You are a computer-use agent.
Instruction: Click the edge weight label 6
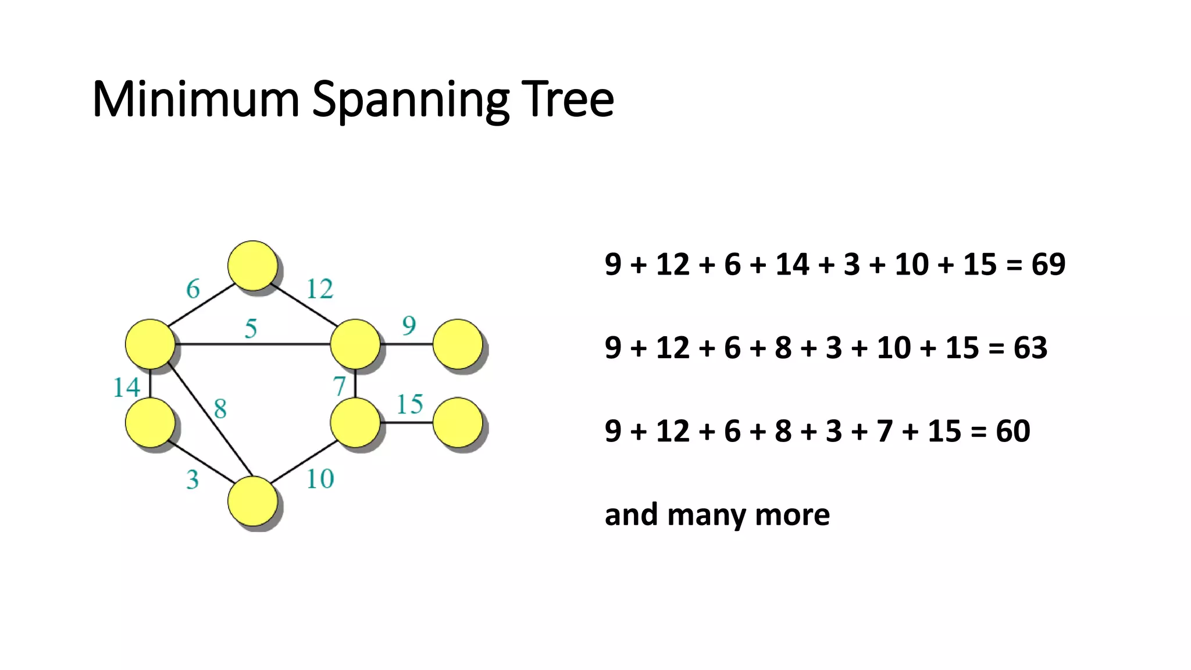click(193, 289)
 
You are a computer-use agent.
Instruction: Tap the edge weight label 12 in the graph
click(320, 289)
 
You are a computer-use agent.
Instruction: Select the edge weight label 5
click(251, 329)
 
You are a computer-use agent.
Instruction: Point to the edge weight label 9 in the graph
click(409, 326)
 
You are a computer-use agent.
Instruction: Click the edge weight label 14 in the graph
click(127, 388)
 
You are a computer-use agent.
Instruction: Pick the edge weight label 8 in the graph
click(220, 409)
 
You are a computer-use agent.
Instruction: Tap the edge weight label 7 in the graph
click(340, 386)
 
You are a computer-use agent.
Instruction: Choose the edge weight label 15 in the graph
click(409, 405)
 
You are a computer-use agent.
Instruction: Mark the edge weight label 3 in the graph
click(192, 480)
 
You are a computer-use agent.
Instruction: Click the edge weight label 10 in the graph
click(320, 479)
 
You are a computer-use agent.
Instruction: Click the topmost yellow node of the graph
click(252, 266)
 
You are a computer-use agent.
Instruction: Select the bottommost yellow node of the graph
click(252, 501)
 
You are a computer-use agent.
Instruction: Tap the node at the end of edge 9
click(458, 344)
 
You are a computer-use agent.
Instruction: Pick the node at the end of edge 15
click(458, 423)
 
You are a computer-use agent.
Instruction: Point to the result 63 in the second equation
click(1030, 348)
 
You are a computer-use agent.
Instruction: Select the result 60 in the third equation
click(1013, 432)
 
